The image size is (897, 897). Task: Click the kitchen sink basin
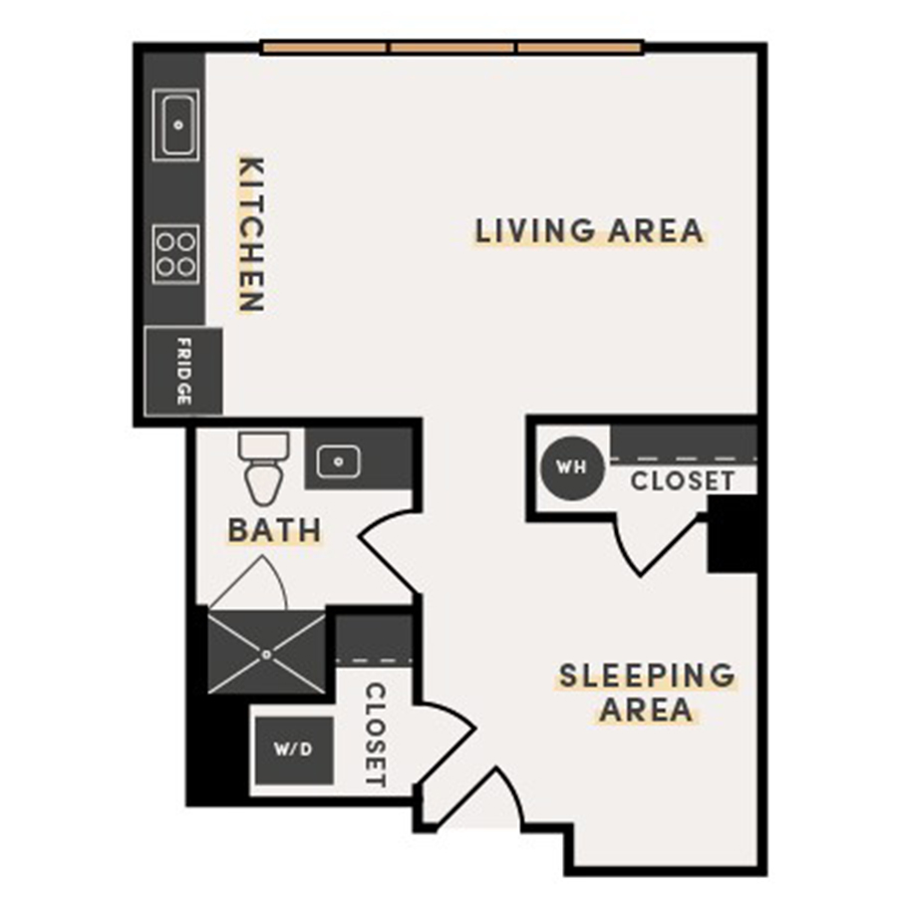pyautogui.click(x=177, y=126)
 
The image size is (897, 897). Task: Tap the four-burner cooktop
pyautogui.click(x=175, y=253)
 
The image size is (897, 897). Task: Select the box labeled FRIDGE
pyautogui.click(x=182, y=372)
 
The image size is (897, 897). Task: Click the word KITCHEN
pyautogui.click(x=251, y=234)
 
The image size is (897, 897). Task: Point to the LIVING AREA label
pyautogui.click(x=589, y=231)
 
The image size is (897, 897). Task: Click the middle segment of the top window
pyautogui.click(x=453, y=47)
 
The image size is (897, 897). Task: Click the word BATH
pyautogui.click(x=274, y=530)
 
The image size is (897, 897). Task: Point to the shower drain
pyautogui.click(x=267, y=654)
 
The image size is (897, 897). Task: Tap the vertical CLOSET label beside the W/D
pyautogui.click(x=375, y=735)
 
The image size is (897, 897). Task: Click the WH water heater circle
pyautogui.click(x=571, y=466)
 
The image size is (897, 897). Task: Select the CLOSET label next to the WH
pyautogui.click(x=683, y=481)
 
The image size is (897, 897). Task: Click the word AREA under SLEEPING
pyautogui.click(x=646, y=711)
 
